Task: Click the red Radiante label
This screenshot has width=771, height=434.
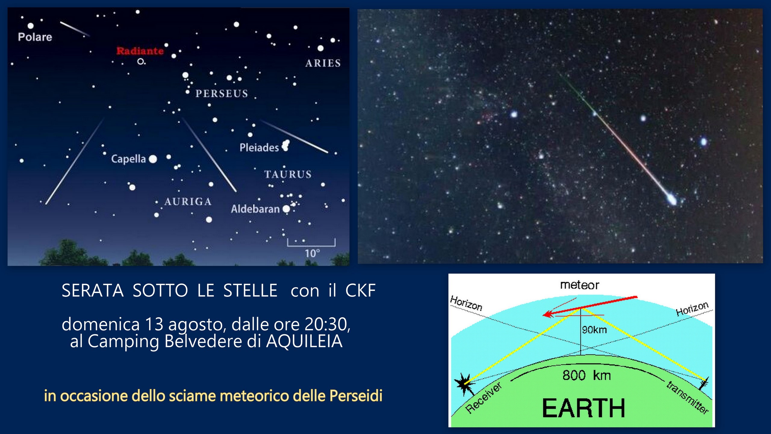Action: (x=140, y=51)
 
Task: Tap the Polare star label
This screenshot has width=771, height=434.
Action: (x=35, y=37)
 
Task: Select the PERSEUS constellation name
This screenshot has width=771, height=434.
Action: (x=222, y=94)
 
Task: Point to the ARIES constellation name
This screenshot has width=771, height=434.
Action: (x=323, y=63)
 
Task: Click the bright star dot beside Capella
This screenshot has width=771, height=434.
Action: (x=153, y=159)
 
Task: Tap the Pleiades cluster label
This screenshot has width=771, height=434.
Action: (x=259, y=148)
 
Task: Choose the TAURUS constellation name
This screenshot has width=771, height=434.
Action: (x=288, y=174)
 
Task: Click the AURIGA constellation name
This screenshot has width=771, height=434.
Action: (x=188, y=202)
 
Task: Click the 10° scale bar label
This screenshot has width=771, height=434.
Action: (x=312, y=253)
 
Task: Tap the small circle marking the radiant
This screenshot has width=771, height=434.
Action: (x=140, y=61)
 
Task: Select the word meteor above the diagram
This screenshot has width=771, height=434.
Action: (x=579, y=285)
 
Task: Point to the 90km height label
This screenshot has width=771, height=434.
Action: (x=595, y=330)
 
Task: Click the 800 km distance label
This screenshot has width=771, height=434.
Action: (x=587, y=376)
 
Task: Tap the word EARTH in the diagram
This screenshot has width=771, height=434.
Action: (x=584, y=408)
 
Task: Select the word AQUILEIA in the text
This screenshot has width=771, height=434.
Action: (x=304, y=342)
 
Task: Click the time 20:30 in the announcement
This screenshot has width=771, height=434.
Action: (x=327, y=325)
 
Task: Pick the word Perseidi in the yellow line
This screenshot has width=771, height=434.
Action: (x=356, y=396)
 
